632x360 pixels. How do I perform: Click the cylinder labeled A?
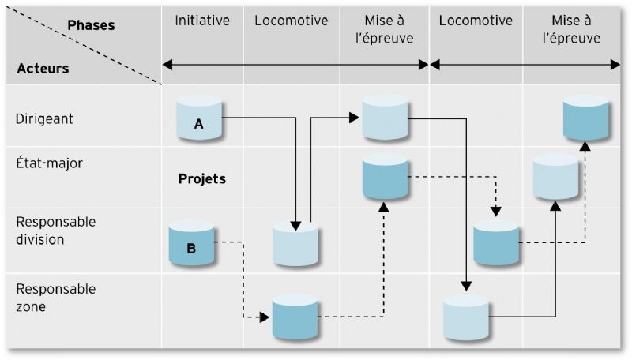(199, 118)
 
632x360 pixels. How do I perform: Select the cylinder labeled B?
(191, 243)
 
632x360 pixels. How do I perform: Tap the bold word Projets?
(202, 178)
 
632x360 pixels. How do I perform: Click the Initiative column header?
(202, 21)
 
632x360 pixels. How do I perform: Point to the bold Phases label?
(91, 25)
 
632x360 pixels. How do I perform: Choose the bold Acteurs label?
(43, 69)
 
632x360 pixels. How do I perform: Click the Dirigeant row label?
(44, 118)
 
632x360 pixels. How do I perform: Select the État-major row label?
(49, 163)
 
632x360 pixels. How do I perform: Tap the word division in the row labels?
(40, 239)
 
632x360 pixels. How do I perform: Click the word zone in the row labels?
(31, 307)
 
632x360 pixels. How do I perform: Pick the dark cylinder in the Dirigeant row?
(585, 118)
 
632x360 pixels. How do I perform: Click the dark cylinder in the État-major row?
(386, 176)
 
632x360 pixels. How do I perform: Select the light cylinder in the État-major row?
(555, 176)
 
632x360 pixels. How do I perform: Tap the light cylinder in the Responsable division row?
(295, 243)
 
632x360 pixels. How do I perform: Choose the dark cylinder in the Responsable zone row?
(295, 317)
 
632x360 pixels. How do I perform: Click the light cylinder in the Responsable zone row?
(466, 317)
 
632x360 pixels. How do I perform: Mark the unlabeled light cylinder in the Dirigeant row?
(386, 118)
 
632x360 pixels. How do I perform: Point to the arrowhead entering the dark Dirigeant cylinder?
(585, 146)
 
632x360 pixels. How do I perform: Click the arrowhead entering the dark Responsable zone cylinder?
(265, 317)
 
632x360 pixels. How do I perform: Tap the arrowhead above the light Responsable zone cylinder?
(466, 286)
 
